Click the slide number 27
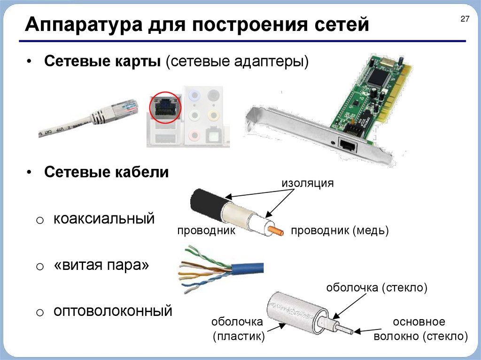465,19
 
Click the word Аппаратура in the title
84,24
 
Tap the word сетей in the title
342,24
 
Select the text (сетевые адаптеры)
237,61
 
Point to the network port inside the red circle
165,107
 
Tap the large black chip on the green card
379,77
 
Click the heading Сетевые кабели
107,172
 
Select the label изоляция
308,183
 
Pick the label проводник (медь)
340,230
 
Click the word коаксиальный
104,219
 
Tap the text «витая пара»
101,265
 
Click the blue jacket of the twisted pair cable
248,268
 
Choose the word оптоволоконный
113,311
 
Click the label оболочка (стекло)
377,288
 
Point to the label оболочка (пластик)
238,329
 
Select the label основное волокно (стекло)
420,329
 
